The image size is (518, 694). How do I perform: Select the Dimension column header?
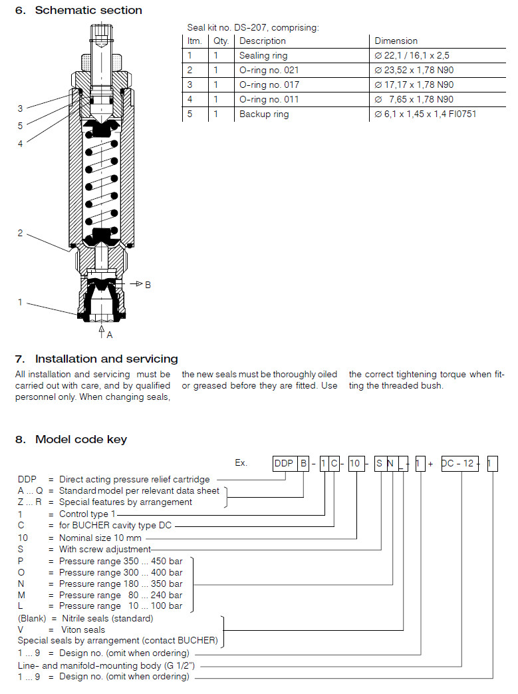pyautogui.click(x=396, y=41)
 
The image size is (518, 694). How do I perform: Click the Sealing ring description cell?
pyautogui.click(x=263, y=56)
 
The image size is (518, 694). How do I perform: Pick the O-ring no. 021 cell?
pyautogui.click(x=269, y=71)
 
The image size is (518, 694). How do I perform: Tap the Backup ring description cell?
pyautogui.click(x=264, y=114)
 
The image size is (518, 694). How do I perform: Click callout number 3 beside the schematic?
pyautogui.click(x=21, y=108)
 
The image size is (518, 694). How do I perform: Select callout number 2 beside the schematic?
pyautogui.click(x=21, y=233)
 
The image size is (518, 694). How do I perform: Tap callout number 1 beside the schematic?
pyautogui.click(x=21, y=303)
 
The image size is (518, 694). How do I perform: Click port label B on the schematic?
pyautogui.click(x=148, y=285)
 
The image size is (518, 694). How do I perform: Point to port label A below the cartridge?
pyautogui.click(x=110, y=334)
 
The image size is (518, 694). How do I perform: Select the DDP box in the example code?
pyautogui.click(x=285, y=463)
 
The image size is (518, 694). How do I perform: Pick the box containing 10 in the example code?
pyautogui.click(x=356, y=463)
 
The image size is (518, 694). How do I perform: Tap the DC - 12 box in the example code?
pyautogui.click(x=460, y=463)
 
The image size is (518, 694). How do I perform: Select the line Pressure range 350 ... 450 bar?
pyautogui.click(x=120, y=562)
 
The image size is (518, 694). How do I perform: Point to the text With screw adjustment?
pyautogui.click(x=105, y=550)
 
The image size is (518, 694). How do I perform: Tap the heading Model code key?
pyautogui.click(x=80, y=439)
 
